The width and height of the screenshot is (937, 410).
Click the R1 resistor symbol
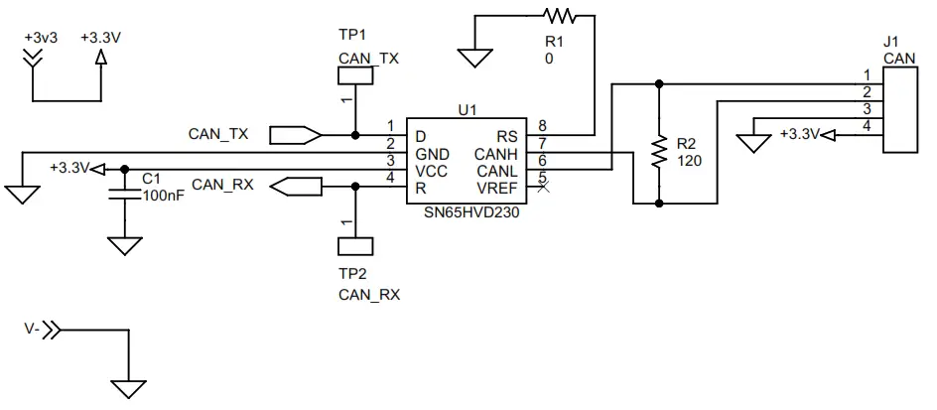point(558,15)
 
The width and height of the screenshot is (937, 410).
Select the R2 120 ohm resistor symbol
point(658,152)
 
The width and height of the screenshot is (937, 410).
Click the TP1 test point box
point(354,75)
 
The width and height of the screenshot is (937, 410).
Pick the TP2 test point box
point(354,245)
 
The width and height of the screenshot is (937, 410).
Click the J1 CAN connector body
point(900,109)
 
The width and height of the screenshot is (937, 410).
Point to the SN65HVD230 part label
point(466,211)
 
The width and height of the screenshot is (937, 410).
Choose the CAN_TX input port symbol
point(295,134)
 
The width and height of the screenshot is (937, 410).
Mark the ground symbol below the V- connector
point(129,389)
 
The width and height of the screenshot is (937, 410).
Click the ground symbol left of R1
point(474,58)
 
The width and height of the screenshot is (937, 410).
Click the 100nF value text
point(164,196)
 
